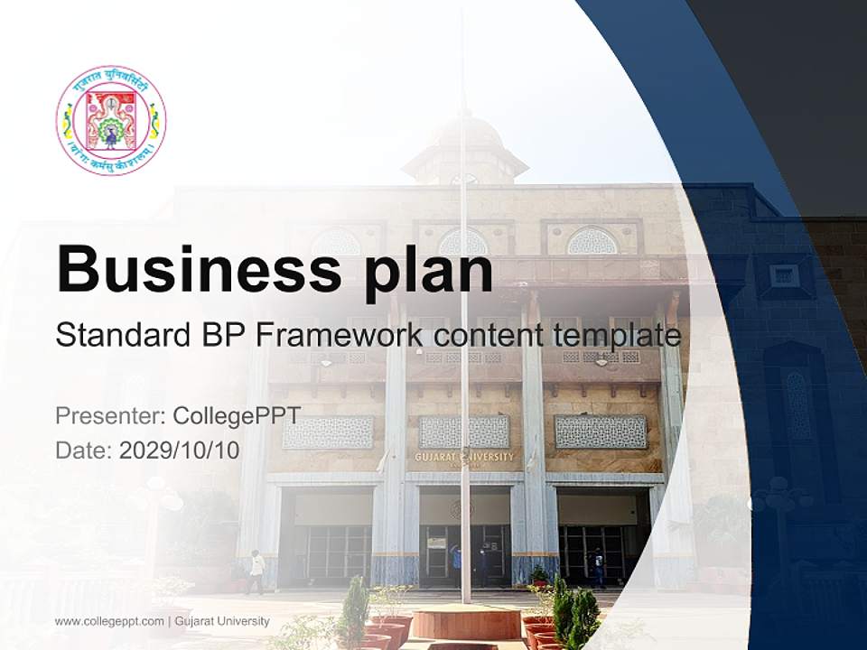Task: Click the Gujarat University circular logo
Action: coord(111,120)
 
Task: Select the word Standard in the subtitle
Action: coord(122,336)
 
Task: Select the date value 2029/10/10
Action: coord(180,450)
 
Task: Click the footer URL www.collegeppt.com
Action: coord(108,621)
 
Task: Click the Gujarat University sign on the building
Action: coord(464,457)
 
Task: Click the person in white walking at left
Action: coord(257,571)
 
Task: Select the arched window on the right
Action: coord(592,240)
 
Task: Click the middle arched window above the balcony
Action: coord(462,241)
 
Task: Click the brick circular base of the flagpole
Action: coord(466,622)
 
